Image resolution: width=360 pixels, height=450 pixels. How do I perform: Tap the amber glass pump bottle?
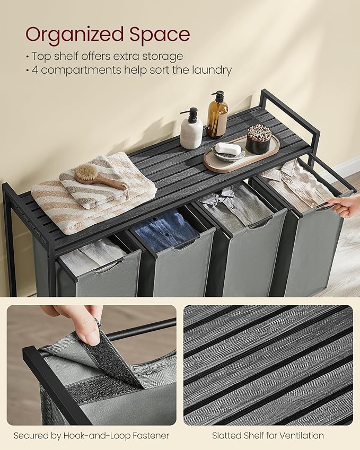(217, 118)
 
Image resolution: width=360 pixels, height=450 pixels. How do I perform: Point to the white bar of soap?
(229, 149)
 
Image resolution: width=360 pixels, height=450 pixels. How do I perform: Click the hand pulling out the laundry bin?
(347, 205)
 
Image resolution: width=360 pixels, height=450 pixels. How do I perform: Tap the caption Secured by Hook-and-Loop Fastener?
(92, 436)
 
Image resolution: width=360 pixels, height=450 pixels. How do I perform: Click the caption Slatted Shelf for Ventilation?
(268, 436)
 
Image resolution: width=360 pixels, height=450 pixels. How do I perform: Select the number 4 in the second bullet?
(34, 70)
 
